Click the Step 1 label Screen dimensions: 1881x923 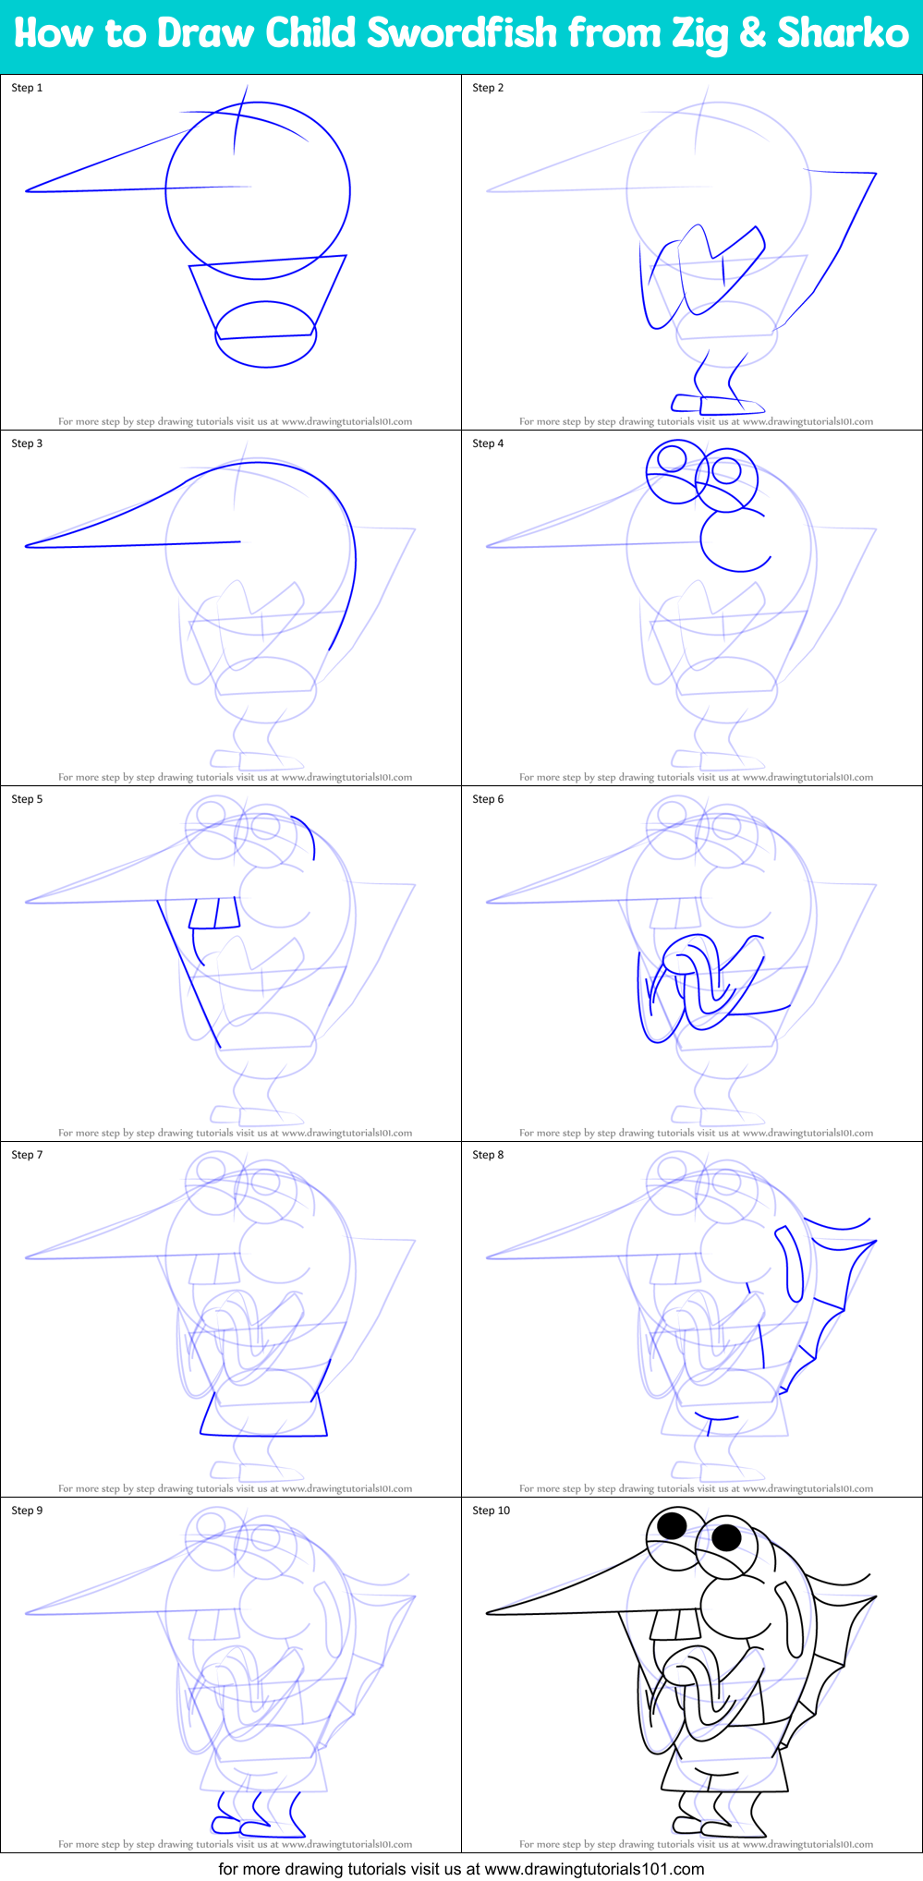27,88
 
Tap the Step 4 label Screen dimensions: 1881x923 488,443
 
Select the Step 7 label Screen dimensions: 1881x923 27,1155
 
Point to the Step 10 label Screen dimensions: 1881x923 491,1511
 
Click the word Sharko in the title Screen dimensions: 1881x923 843,33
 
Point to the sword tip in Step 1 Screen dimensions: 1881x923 28,191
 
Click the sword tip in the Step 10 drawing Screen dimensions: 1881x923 489,1613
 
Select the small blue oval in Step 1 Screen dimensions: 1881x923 266,334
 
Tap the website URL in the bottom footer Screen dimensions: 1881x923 594,1868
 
